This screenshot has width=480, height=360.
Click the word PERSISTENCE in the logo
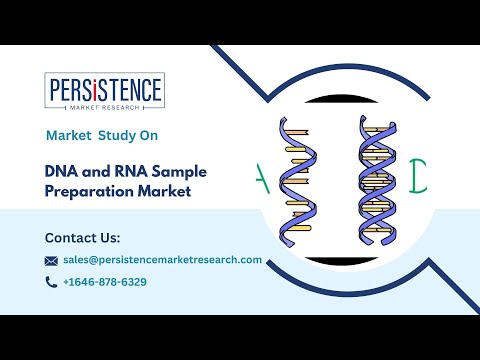pos(105,90)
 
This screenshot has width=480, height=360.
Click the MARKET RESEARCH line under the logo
pos(105,104)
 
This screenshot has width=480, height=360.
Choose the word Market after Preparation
pos(162,191)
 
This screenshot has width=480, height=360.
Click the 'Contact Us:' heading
pos(82,238)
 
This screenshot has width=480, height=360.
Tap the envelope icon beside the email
pos(51,260)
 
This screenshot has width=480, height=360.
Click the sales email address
pos(162,259)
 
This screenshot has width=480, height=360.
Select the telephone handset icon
pos(51,282)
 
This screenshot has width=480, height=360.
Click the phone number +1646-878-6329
pos(104,282)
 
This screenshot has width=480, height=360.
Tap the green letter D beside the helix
pos(418,171)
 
